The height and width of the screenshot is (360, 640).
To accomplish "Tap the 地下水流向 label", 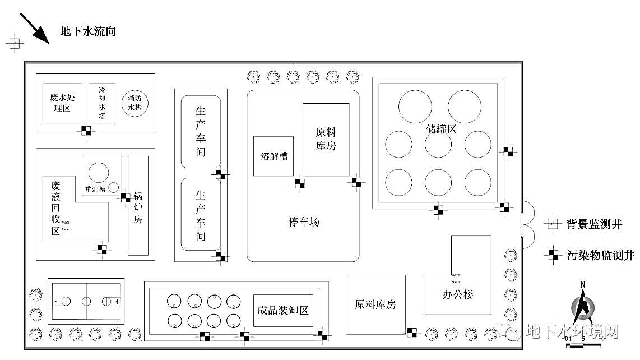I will pos(88,31).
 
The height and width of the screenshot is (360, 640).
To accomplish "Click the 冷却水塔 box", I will pos(102,103).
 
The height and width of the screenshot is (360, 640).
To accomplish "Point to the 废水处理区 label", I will pos(62,103).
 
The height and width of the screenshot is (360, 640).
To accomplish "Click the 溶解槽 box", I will pos(273,156).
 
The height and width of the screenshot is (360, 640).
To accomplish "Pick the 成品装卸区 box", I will pos(283,311).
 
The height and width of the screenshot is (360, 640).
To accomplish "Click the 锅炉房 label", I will pos(138,207).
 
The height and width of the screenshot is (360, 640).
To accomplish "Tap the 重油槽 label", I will pos(96,189).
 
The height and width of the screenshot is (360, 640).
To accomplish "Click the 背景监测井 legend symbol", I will pos(553,224).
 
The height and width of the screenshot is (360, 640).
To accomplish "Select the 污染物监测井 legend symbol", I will pos(553,255).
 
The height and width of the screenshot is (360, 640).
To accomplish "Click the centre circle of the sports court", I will pos(86,301).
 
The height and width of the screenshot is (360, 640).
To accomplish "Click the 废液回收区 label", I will pos(55,208).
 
